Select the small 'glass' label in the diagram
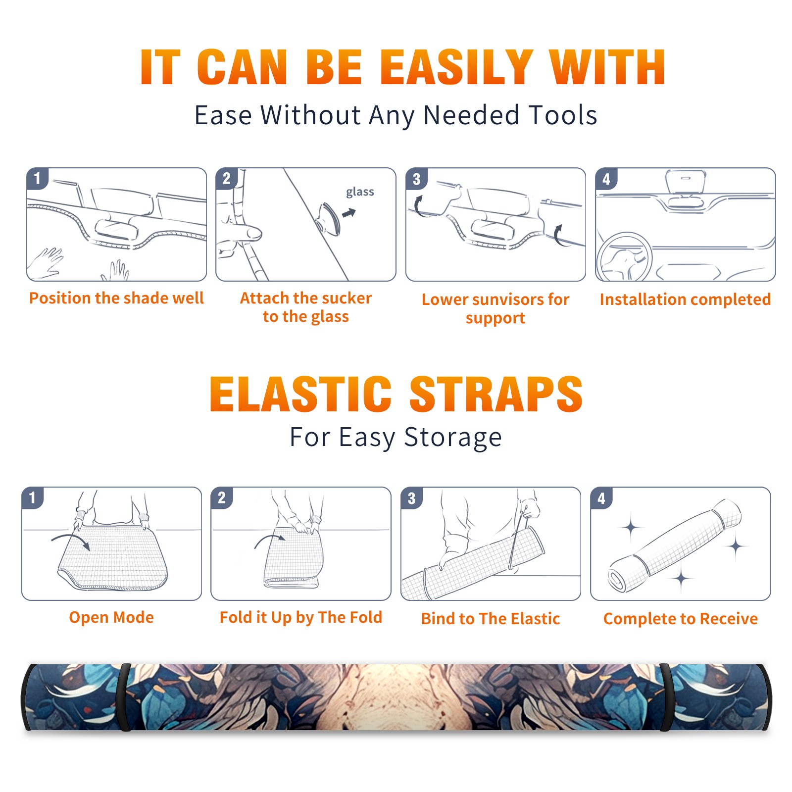pyautogui.click(x=360, y=192)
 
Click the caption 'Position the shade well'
pyautogui.click(x=116, y=298)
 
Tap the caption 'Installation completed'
pyautogui.click(x=685, y=299)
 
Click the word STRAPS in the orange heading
pyautogui.click(x=496, y=394)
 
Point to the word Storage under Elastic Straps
pyautogui.click(x=453, y=438)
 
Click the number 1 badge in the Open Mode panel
pyautogui.click(x=33, y=497)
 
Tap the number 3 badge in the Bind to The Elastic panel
pyautogui.click(x=412, y=498)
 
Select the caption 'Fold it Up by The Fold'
pyautogui.click(x=301, y=617)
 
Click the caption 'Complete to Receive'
pyautogui.click(x=681, y=619)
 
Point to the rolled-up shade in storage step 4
pyautogui.click(x=675, y=545)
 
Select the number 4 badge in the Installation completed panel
pyautogui.click(x=606, y=179)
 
